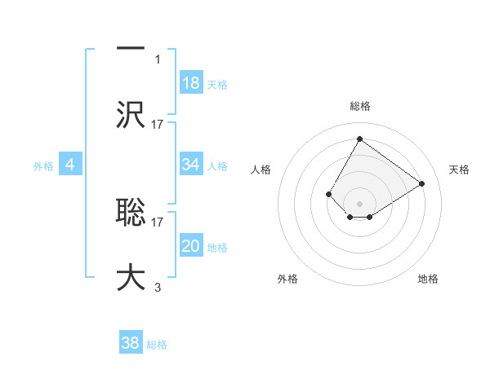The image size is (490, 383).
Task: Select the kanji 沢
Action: coord(131,114)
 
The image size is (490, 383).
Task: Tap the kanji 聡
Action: coord(131,212)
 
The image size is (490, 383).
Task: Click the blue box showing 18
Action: coord(191,83)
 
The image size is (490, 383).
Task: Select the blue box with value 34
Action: coord(191,165)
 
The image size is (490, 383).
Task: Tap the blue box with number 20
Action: coord(191,246)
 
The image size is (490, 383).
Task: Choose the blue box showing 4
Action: coord(70,165)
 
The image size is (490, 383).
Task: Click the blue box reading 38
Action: coord(131,343)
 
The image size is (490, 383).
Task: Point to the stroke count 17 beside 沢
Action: coord(158,124)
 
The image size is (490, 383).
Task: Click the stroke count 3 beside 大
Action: coord(158,287)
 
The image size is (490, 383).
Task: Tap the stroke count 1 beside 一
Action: coord(158,59)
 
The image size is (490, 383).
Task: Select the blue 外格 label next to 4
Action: coord(43,165)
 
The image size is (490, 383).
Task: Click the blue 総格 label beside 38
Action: coord(157,345)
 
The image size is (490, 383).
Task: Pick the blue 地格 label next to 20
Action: coord(217,248)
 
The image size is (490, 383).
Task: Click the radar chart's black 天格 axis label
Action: coord(459,169)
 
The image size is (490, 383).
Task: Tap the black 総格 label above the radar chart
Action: coord(359,106)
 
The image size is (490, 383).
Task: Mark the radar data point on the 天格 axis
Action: coord(422,183)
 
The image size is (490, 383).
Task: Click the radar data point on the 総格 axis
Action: coord(359,139)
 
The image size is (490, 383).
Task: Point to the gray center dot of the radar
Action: coord(359,203)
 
